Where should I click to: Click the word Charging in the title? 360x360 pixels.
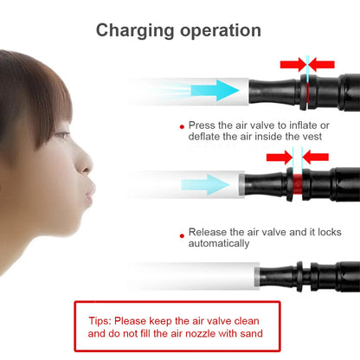[x=135, y=31]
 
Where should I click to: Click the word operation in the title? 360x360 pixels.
[x=221, y=31]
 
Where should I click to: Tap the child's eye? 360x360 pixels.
[x=62, y=135]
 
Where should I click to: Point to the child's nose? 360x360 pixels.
[x=84, y=163]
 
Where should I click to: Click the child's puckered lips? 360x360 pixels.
[x=90, y=192]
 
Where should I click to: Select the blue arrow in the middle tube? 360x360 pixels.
[x=205, y=184]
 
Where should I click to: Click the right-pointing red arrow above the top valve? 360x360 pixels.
[x=292, y=64]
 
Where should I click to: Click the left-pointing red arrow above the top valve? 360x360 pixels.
[x=322, y=64]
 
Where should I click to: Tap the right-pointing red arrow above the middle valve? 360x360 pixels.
[x=279, y=157]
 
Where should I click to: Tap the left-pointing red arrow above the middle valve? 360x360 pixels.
[x=316, y=157]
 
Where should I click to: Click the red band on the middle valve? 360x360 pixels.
[x=298, y=183]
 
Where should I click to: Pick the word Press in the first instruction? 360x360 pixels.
[x=202, y=125]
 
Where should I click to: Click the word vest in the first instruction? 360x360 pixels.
[x=312, y=137]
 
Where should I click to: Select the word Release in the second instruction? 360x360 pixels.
[x=208, y=232]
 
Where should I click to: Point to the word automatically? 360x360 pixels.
[x=219, y=243]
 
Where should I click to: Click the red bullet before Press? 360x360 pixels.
[x=182, y=126]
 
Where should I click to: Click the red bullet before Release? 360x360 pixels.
[x=182, y=235]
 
